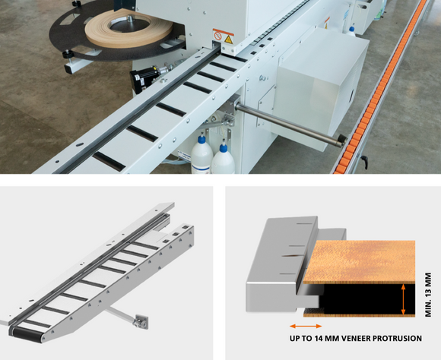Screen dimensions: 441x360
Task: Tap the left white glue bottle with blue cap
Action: [x=201, y=155]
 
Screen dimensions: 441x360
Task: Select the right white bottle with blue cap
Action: [x=223, y=159]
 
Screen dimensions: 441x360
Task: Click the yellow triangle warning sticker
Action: [x=228, y=39]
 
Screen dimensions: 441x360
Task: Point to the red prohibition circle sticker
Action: [x=217, y=36]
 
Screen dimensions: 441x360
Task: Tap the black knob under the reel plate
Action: [x=68, y=53]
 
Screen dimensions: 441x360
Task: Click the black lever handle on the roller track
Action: [x=364, y=162]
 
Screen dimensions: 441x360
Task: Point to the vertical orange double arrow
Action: [x=403, y=299]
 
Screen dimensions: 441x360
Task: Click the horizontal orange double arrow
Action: [x=306, y=327]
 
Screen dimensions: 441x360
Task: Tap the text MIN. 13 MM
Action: [x=428, y=294]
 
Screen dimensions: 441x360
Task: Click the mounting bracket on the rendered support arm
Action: [x=141, y=322]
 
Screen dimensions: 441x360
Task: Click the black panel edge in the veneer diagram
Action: [x=367, y=298]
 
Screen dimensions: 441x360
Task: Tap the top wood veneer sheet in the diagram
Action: [x=360, y=261]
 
